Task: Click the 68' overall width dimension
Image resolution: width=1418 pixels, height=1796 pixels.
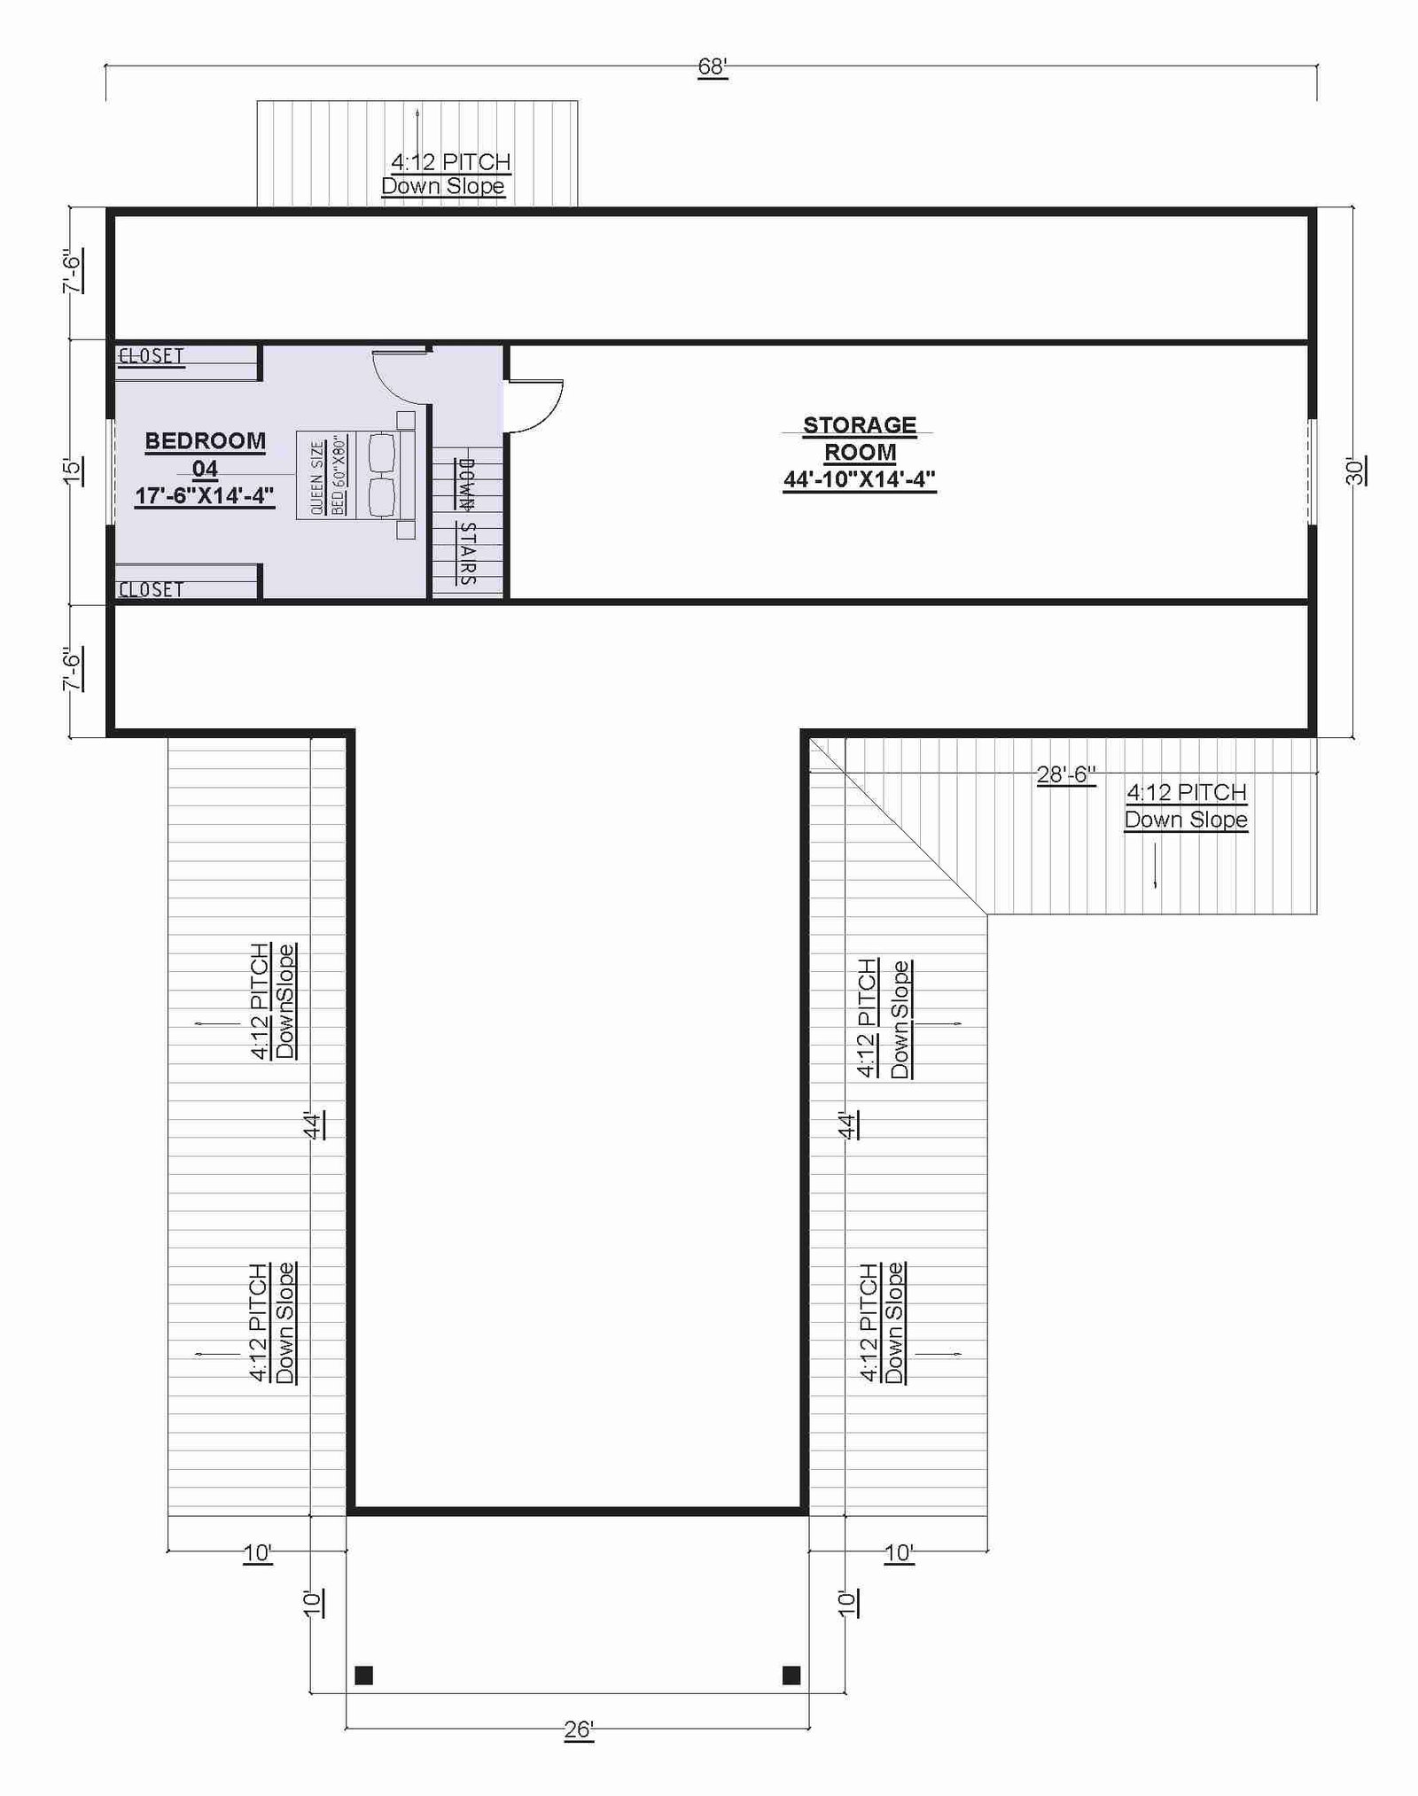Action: pos(713,67)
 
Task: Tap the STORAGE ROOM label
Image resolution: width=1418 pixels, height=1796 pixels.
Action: pos(860,439)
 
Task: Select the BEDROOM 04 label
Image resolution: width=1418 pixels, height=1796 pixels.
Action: pos(205,455)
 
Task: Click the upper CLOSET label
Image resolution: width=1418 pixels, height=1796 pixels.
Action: pos(151,356)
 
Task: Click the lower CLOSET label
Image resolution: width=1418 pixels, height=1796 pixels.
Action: pos(151,589)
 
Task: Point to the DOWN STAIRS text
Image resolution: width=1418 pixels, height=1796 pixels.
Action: pos(467,521)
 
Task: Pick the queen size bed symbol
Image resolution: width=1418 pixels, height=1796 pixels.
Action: pos(356,475)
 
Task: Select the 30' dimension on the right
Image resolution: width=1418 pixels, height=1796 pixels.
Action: pos(1355,470)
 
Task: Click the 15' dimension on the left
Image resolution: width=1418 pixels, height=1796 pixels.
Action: pos(73,470)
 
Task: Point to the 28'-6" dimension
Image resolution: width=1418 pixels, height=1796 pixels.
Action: pos(1066,774)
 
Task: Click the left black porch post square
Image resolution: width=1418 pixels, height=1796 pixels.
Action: pos(363,1675)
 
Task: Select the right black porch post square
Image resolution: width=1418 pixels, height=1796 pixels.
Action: pos(791,1675)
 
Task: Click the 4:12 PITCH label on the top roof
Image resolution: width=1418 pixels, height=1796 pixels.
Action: pos(451,162)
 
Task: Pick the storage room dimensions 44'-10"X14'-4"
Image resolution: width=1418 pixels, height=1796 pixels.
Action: pos(860,479)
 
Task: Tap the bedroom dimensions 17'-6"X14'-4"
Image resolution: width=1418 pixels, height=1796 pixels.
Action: pos(205,495)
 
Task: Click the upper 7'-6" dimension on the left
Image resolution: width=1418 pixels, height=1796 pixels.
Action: pos(73,270)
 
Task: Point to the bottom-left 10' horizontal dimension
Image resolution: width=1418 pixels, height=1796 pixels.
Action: pos(257,1552)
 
